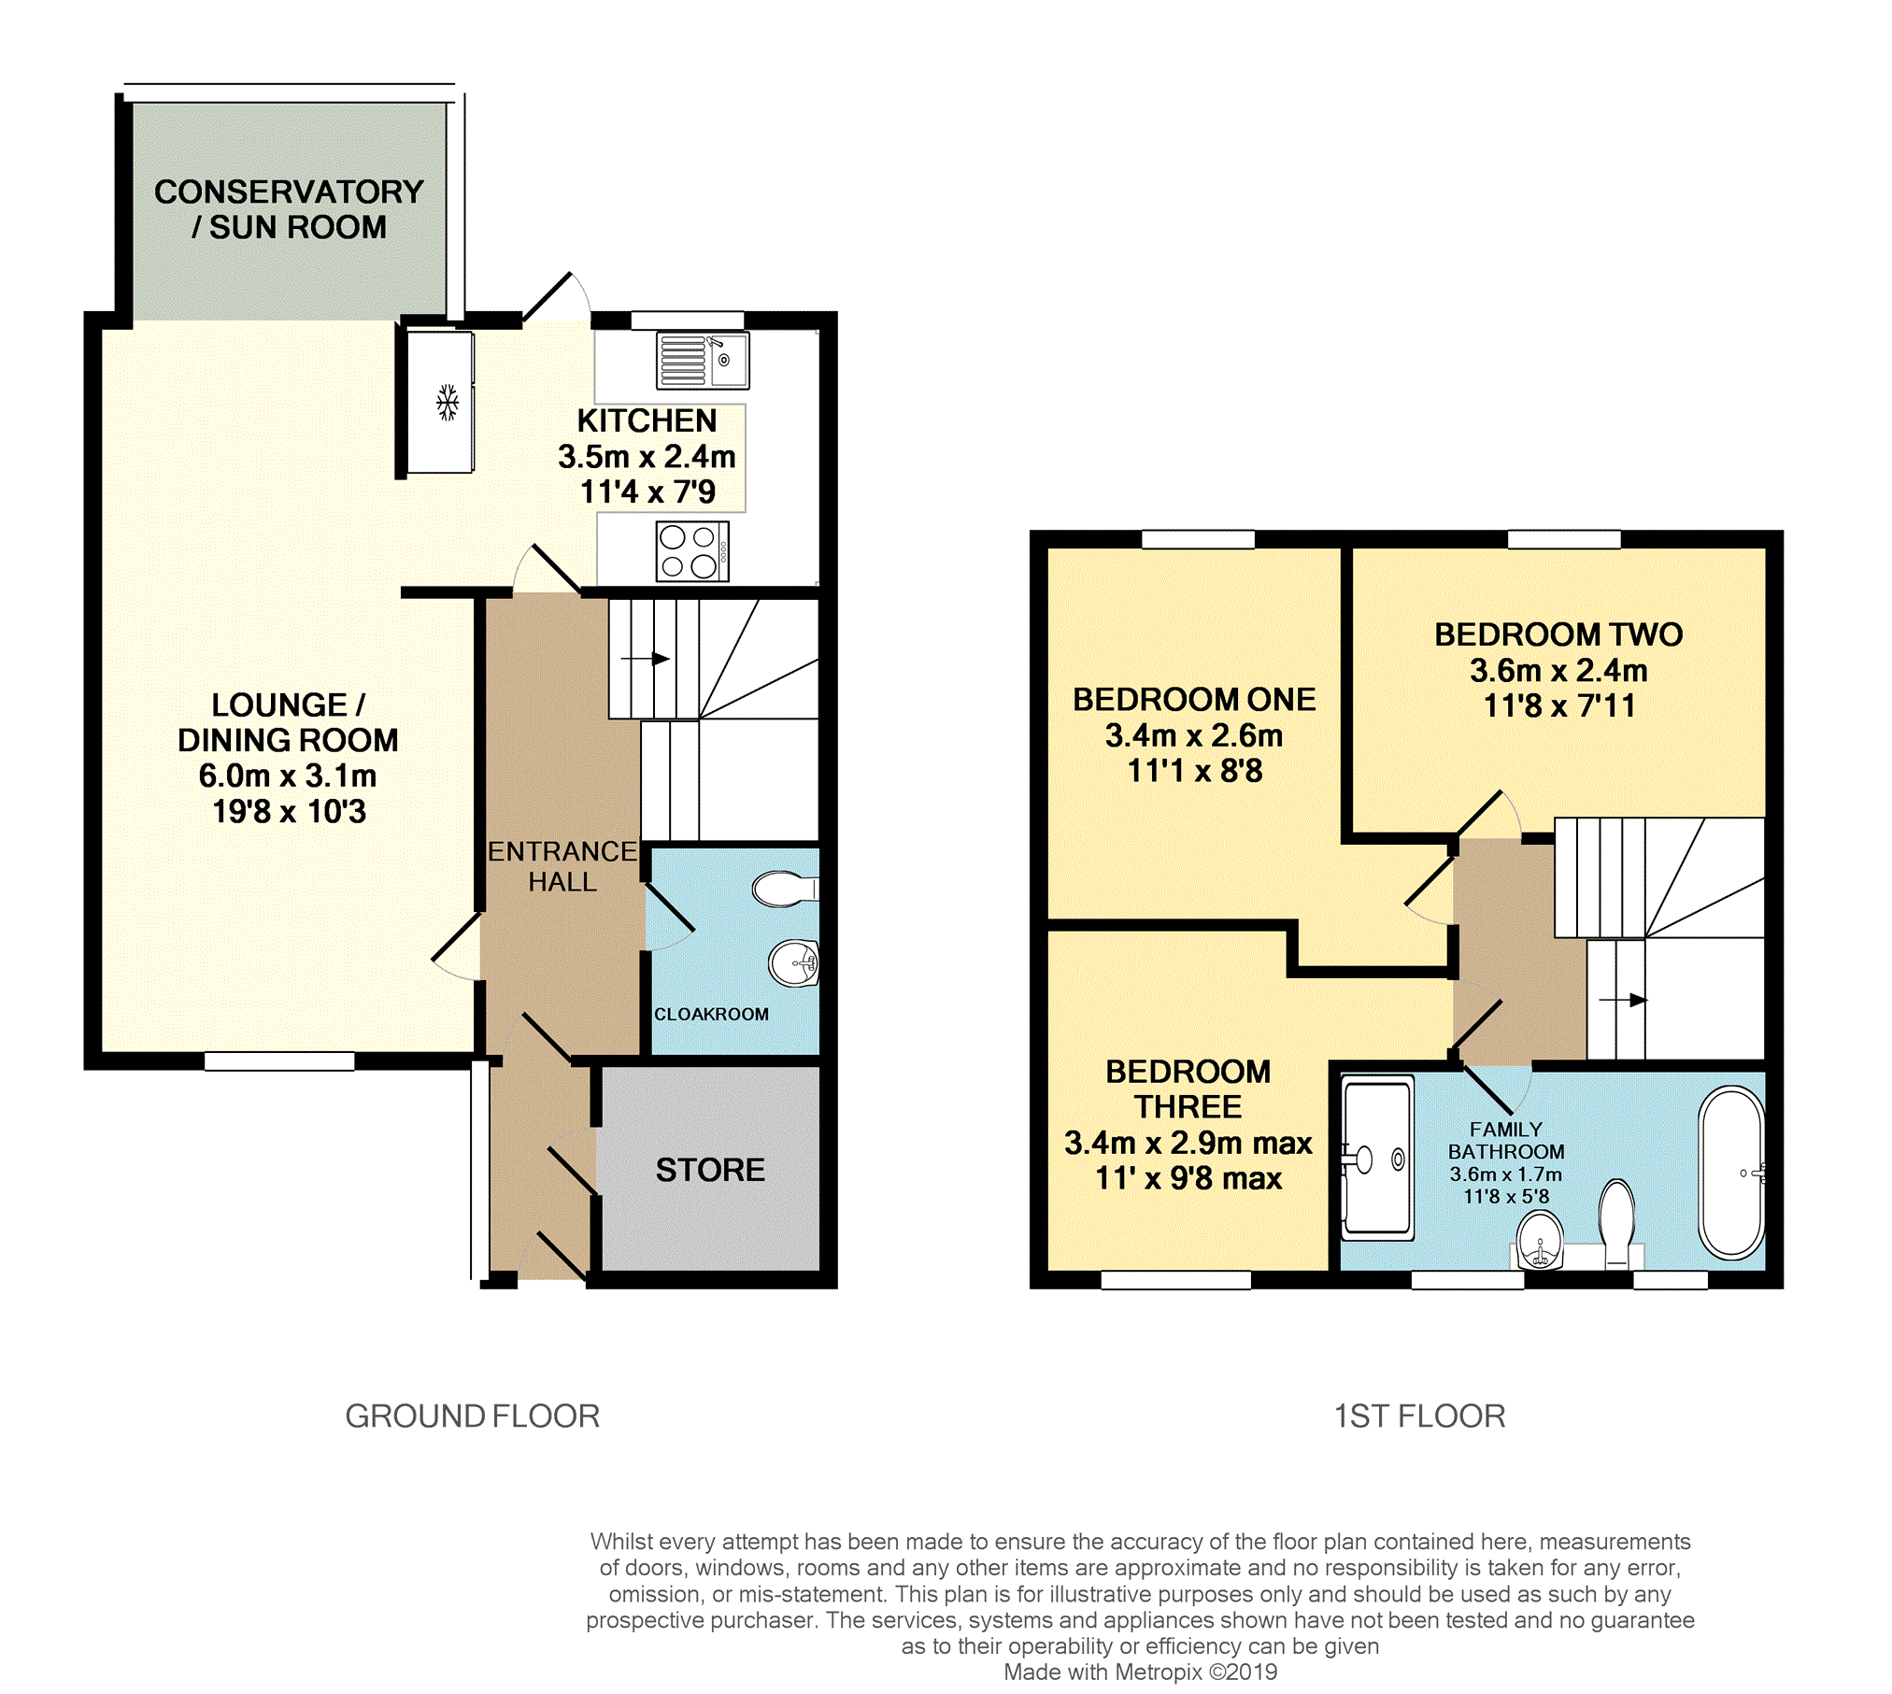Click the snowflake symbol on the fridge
pyautogui.click(x=448, y=403)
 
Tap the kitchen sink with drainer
pyautogui.click(x=703, y=360)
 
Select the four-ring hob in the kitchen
pyautogui.click(x=692, y=552)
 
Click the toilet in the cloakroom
pyautogui.click(x=786, y=889)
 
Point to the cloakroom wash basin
pyautogui.click(x=794, y=961)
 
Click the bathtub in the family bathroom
pyautogui.click(x=1731, y=1172)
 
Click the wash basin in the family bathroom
pyautogui.click(x=1540, y=1241)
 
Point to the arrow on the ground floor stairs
pyautogui.click(x=646, y=659)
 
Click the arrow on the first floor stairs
pyautogui.click(x=1623, y=1000)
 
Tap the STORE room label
pyautogui.click(x=710, y=1170)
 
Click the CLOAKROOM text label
pyautogui.click(x=711, y=1014)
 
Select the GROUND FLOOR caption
pyautogui.click(x=472, y=1416)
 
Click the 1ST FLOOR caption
pyautogui.click(x=1419, y=1416)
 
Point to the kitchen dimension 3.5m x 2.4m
pyautogui.click(x=647, y=456)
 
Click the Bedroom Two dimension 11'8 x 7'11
pyautogui.click(x=1559, y=705)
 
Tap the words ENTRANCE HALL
pyautogui.click(x=562, y=866)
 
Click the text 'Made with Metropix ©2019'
pyautogui.click(x=1140, y=1672)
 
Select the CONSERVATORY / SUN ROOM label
pyautogui.click(x=289, y=209)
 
